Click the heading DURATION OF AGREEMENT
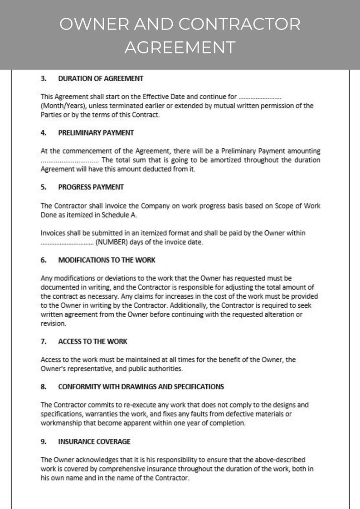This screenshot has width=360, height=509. click(x=101, y=78)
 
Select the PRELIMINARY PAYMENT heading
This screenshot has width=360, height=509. click(x=96, y=133)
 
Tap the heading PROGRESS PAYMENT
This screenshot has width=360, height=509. click(x=91, y=187)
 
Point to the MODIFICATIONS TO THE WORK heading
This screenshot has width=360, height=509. click(x=107, y=260)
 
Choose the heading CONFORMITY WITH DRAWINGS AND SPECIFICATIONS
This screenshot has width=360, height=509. click(x=141, y=387)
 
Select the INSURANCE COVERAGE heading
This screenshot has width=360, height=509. click(x=94, y=441)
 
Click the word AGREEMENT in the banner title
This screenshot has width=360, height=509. click(x=180, y=47)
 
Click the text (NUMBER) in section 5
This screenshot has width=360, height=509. click(x=110, y=242)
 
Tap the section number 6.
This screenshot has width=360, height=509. click(x=44, y=260)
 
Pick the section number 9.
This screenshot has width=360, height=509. click(x=44, y=441)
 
